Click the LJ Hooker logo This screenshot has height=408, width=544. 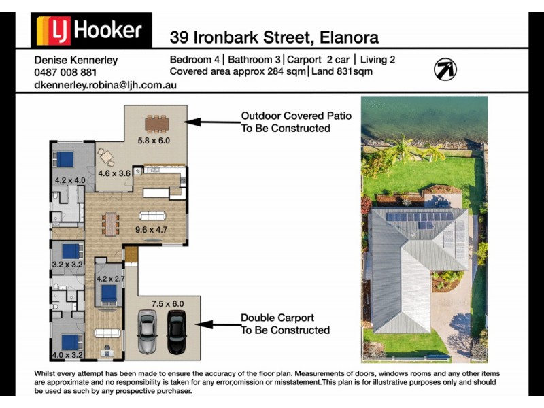click(x=91, y=31)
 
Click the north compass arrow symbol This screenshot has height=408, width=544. click(x=445, y=69)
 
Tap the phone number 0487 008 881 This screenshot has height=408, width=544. click(x=65, y=72)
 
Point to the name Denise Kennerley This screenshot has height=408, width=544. click(x=75, y=60)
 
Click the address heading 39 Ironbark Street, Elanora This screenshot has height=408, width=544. click(x=274, y=37)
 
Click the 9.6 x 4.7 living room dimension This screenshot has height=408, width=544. click(x=151, y=230)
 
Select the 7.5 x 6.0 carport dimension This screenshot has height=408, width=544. click(x=167, y=304)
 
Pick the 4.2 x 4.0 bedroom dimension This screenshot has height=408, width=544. click(x=70, y=181)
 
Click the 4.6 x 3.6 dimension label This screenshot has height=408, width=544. click(x=114, y=173)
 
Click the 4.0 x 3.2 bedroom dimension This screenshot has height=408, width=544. click(x=67, y=355)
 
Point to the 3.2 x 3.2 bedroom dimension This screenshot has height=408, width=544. click(x=67, y=264)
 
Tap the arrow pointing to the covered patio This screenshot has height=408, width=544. click(x=211, y=122)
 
